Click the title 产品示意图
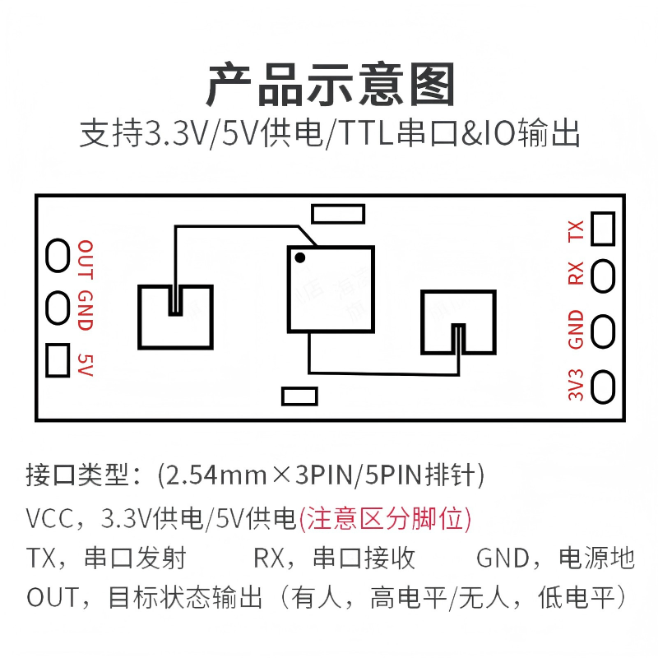329,86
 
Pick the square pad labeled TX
603,228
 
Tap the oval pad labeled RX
604,274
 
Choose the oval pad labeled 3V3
604,385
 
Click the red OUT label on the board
86,259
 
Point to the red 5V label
85,364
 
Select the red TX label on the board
577,231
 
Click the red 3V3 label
577,385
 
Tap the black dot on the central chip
300,257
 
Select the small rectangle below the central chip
299,396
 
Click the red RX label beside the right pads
577,273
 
